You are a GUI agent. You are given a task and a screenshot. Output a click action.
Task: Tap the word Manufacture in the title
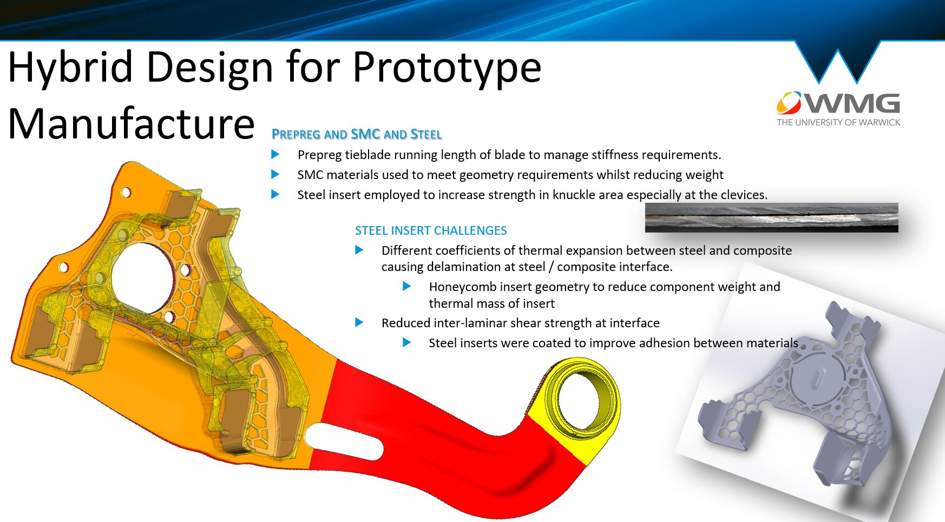[132, 124]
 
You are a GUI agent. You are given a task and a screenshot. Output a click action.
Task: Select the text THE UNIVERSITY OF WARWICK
[838, 122]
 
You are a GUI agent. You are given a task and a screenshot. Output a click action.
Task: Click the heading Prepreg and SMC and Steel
[357, 134]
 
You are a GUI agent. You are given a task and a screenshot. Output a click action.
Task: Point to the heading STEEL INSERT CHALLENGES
[431, 230]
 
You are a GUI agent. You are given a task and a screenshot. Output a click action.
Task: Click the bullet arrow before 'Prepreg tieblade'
[275, 155]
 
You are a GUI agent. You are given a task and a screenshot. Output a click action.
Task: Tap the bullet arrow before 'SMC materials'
[275, 174]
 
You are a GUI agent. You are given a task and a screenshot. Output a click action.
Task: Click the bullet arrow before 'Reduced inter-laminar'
[359, 322]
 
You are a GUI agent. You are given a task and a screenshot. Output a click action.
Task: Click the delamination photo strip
[771, 217]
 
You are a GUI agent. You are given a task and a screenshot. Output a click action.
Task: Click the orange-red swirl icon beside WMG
[789, 103]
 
